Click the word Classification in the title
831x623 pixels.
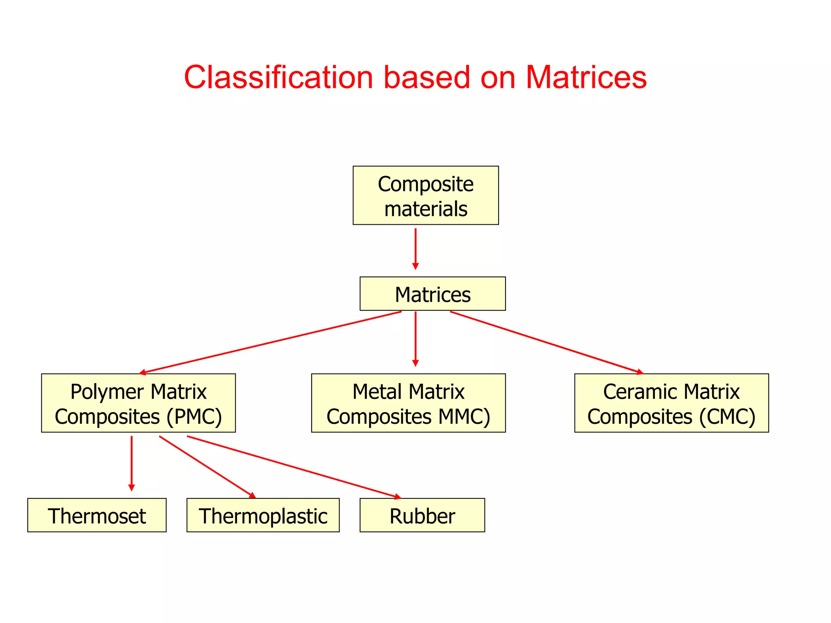[278, 77]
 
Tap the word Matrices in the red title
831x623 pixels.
[586, 77]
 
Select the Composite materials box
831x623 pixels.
[426, 195]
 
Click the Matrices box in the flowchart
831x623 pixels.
[433, 294]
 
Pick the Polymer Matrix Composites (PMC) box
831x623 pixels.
[138, 403]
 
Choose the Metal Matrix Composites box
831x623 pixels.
[408, 403]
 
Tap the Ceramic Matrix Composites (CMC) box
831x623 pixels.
[672, 403]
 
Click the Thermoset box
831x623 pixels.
[97, 515]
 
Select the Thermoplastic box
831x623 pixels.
[263, 515]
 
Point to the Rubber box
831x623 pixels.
[422, 515]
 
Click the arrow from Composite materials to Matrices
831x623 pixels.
[415, 248]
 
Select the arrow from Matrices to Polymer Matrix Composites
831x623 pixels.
[270, 342]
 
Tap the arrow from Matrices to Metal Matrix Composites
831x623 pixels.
[415, 339]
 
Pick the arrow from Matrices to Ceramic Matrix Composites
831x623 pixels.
[547, 342]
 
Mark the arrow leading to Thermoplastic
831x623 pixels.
[207, 467]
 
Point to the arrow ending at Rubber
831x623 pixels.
[294, 467]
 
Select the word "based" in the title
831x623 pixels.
[427, 77]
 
